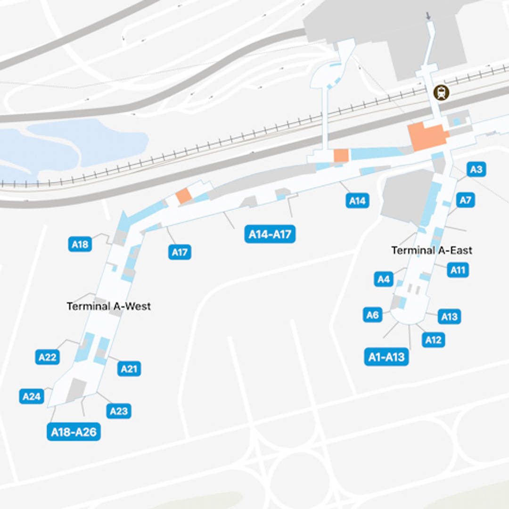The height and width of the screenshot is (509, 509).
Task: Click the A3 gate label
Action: [x=476, y=169]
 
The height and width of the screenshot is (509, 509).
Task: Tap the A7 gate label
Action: [x=465, y=200]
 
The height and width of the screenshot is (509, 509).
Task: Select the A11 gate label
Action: [x=458, y=270]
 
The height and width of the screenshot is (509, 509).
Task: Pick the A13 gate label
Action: [x=449, y=316]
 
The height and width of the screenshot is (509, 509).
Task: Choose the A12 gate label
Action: [x=433, y=340]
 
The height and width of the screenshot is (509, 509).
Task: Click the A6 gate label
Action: [x=373, y=315]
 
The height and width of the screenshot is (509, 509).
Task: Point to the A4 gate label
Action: [x=384, y=279]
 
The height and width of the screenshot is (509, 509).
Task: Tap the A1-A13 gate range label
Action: [x=386, y=357]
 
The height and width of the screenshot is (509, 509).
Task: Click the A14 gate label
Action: [x=357, y=201]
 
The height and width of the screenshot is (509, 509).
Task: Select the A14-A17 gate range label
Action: [x=270, y=234]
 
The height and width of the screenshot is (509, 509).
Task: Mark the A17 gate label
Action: [x=180, y=252]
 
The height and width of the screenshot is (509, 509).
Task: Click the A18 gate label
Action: [x=80, y=244]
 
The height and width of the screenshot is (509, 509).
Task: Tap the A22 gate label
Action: [x=47, y=357]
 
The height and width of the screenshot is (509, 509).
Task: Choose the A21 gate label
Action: [x=129, y=369]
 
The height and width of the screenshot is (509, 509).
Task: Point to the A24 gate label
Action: [x=32, y=396]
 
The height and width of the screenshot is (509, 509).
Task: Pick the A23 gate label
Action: [x=119, y=411]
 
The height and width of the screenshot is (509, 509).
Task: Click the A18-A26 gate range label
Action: [x=74, y=432]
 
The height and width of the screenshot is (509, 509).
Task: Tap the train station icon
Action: [x=442, y=92]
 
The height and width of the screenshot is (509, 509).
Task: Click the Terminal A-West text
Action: [x=108, y=306]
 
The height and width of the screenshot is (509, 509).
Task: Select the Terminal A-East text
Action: [x=432, y=250]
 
